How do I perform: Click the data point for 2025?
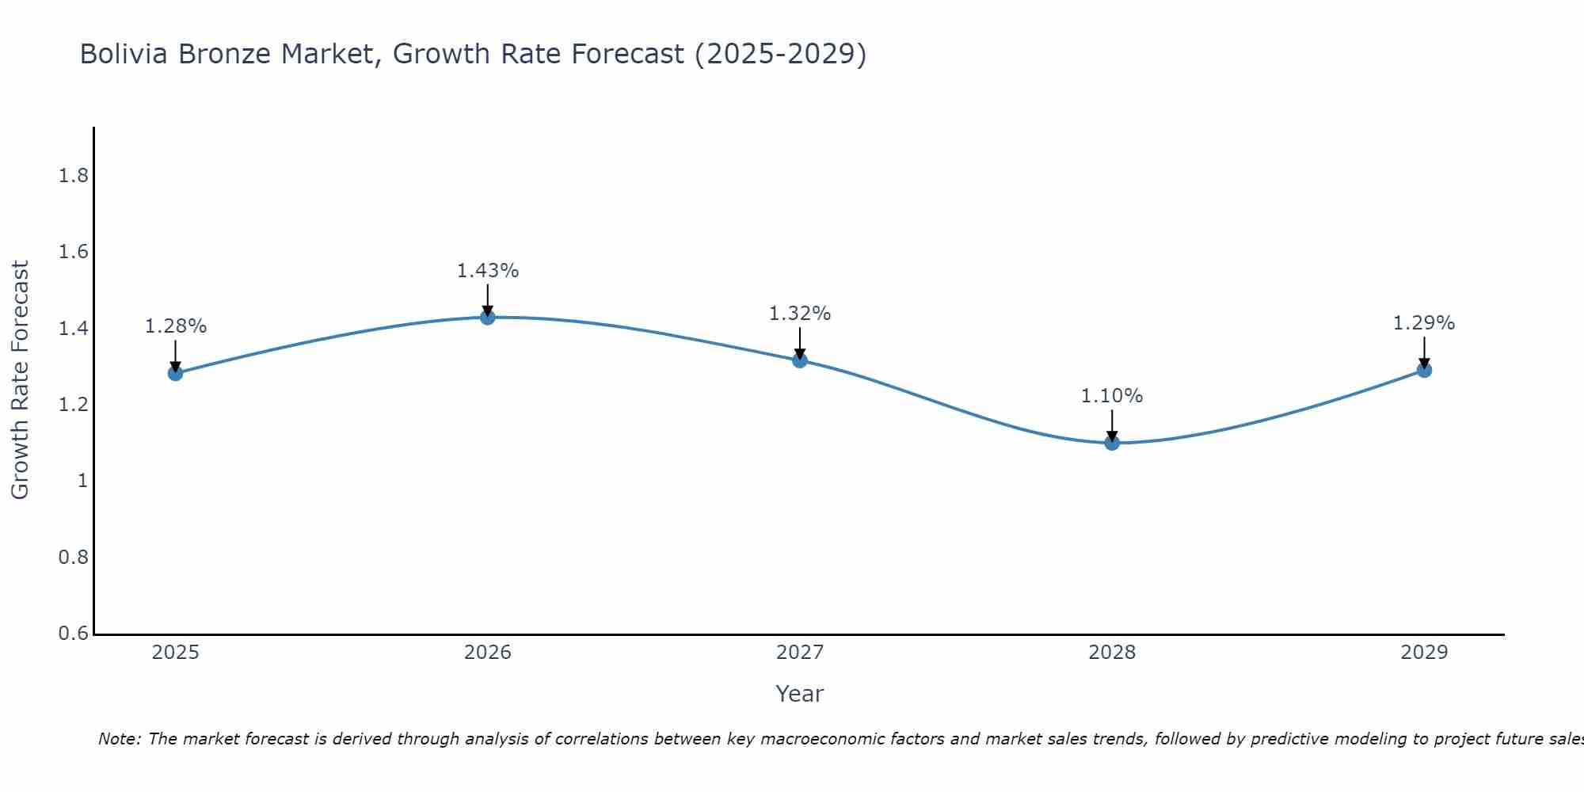[x=176, y=373]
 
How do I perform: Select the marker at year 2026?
[x=488, y=317]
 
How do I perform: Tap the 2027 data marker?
[x=800, y=360]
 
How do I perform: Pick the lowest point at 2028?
[x=1112, y=443]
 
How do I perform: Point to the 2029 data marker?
[x=1424, y=370]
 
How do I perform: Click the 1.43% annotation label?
[x=488, y=271]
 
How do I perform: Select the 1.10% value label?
[x=1112, y=396]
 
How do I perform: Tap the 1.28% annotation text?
[x=176, y=326]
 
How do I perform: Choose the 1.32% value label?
[x=800, y=314]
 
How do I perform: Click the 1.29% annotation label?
[x=1424, y=323]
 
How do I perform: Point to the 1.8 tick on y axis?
[x=74, y=176]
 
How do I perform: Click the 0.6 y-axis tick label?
[x=74, y=634]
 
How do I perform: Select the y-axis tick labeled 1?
[x=82, y=481]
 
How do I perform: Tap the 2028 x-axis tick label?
[x=1112, y=653]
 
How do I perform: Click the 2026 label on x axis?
[x=488, y=653]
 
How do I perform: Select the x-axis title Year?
[x=800, y=694]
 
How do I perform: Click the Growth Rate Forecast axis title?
[x=20, y=380]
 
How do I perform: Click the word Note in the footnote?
[x=118, y=739]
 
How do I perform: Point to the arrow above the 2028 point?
[x=1112, y=425]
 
